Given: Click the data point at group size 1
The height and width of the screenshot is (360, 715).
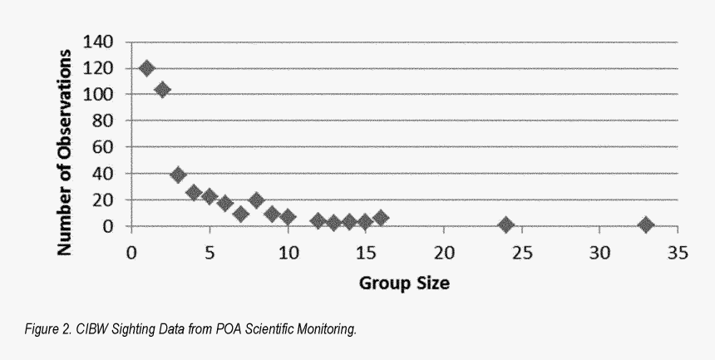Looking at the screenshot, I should (147, 68).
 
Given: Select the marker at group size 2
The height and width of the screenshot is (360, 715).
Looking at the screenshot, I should (163, 90).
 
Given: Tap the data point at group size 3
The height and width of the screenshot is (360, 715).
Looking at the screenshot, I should (178, 175).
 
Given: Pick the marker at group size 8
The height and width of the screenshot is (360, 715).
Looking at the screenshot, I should (256, 200).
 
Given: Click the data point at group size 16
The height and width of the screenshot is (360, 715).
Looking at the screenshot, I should (381, 218).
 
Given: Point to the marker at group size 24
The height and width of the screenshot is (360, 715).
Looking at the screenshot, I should (505, 224).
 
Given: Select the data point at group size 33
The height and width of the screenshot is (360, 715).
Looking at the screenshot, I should (646, 224).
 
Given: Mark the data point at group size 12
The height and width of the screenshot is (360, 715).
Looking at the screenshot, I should (318, 220).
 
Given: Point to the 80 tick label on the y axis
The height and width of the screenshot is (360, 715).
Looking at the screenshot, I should (110, 121).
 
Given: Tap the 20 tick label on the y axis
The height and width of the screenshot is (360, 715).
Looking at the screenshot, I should (110, 200).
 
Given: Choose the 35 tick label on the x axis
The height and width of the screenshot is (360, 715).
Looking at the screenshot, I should (678, 253).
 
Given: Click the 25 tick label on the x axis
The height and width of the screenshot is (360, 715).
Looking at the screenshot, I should (521, 253).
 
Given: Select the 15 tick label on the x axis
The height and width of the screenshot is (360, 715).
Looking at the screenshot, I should (365, 253).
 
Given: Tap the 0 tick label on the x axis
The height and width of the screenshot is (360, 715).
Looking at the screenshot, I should (131, 253).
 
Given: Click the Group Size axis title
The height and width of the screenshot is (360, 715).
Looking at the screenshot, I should (404, 283).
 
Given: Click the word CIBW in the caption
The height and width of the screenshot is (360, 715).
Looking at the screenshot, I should (87, 330).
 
